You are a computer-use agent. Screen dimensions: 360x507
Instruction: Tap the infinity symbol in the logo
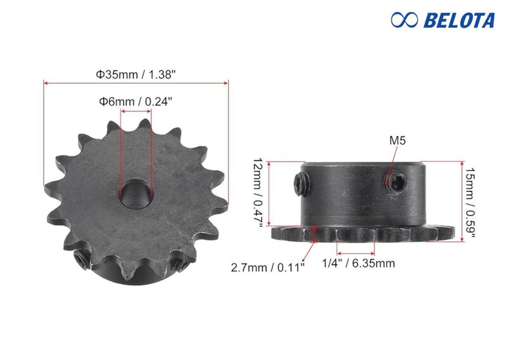tap(404, 20)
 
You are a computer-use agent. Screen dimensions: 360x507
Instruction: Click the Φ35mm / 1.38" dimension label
tap(136, 74)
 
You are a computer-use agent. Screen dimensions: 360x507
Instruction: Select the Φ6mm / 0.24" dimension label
tap(135, 101)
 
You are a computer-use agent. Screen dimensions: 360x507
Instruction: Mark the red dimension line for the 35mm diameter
tap(136, 82)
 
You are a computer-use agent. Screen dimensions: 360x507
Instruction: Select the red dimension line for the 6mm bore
tap(136, 111)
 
